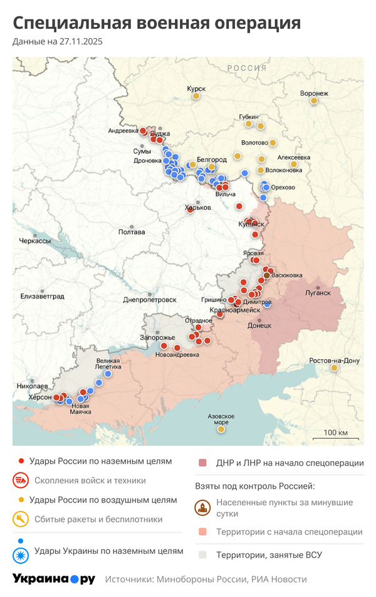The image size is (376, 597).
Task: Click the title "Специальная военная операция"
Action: (x=157, y=24)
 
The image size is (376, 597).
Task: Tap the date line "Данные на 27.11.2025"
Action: (x=57, y=42)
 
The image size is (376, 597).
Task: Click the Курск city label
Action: (x=196, y=89)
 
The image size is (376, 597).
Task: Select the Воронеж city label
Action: (x=314, y=93)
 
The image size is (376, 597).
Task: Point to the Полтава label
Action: (x=132, y=232)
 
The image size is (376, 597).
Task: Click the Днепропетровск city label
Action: (x=149, y=300)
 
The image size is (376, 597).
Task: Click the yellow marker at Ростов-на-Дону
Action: (x=335, y=368)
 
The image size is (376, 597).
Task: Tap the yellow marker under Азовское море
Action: (x=221, y=429)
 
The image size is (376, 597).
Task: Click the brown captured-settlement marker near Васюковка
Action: (x=267, y=275)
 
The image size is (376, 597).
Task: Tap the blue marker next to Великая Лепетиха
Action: (x=108, y=374)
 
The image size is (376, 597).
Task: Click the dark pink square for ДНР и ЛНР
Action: (x=202, y=463)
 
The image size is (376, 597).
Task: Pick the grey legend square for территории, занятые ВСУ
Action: (x=202, y=554)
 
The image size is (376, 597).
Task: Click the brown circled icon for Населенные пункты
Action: (x=202, y=508)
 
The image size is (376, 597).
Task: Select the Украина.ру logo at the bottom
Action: (x=54, y=579)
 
